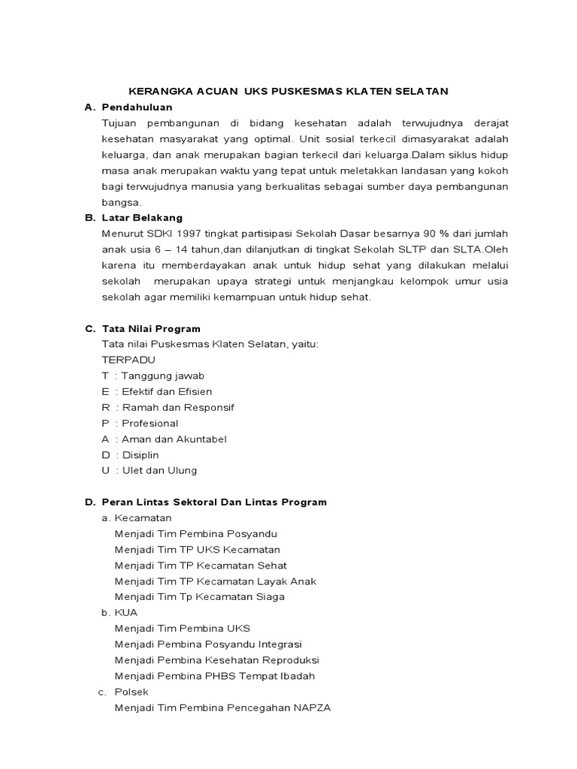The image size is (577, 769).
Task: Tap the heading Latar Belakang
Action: [142, 218]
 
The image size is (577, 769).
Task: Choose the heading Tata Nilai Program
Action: [151, 328]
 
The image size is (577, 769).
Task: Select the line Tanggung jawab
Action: [162, 375]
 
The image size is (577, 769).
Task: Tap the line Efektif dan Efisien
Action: [167, 391]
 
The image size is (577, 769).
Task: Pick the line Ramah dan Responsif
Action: [178, 407]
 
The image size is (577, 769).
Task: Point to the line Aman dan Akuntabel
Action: [174, 439]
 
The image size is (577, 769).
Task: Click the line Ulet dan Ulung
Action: [159, 470]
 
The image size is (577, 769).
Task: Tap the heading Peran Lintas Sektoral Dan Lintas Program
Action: [214, 502]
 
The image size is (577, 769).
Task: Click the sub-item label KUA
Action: [126, 612]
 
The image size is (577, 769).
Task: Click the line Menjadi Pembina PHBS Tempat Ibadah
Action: [214, 676]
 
